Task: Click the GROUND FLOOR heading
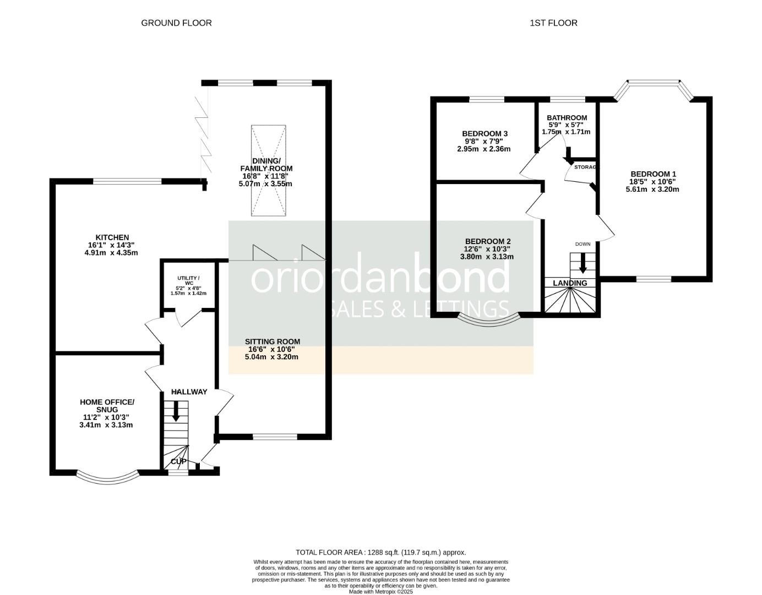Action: (176, 23)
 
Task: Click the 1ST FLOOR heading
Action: (553, 23)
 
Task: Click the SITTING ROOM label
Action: (273, 342)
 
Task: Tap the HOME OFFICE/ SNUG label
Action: (107, 405)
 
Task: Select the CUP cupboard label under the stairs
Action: (178, 461)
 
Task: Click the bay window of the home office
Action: (107, 478)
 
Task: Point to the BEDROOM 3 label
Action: (485, 134)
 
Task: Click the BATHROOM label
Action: (567, 118)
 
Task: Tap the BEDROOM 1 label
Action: (653, 174)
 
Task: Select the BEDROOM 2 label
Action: (487, 241)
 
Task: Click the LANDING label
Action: (570, 283)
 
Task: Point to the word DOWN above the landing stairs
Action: (583, 244)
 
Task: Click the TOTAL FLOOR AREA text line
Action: (380, 552)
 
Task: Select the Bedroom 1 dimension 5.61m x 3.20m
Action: (652, 190)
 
